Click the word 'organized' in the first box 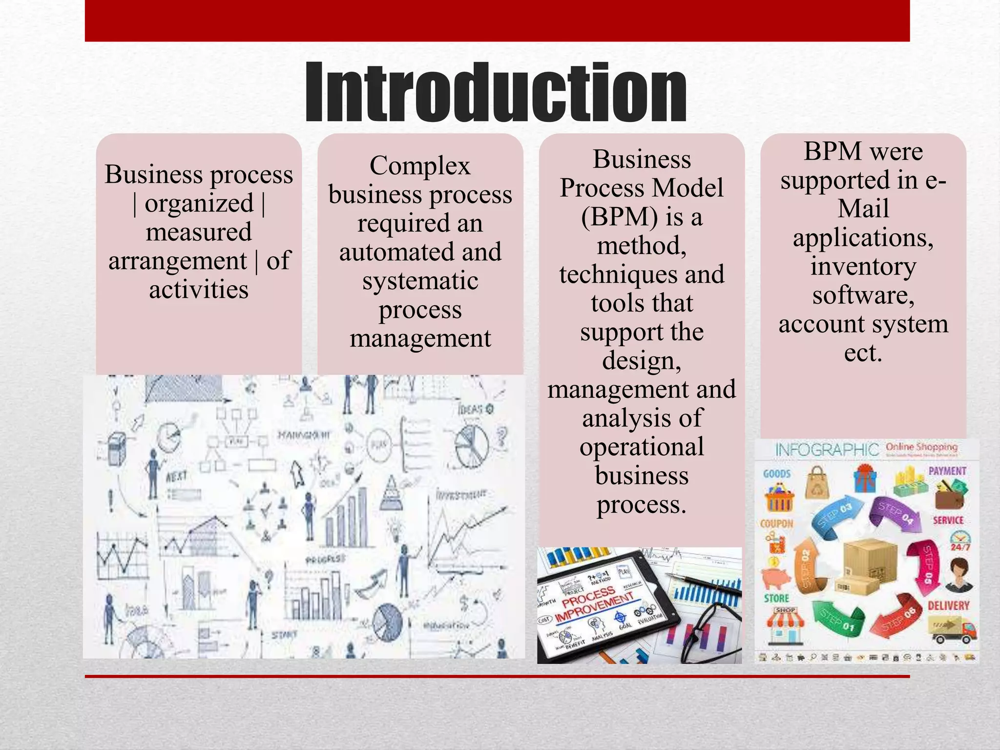199,203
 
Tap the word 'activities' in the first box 199,290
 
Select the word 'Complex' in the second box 420,166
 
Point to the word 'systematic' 420,281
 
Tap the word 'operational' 642,447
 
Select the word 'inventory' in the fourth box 863,267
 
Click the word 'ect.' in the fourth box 863,353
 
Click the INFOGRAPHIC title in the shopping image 827,450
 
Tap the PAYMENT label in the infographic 947,471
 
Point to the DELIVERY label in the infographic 948,605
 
